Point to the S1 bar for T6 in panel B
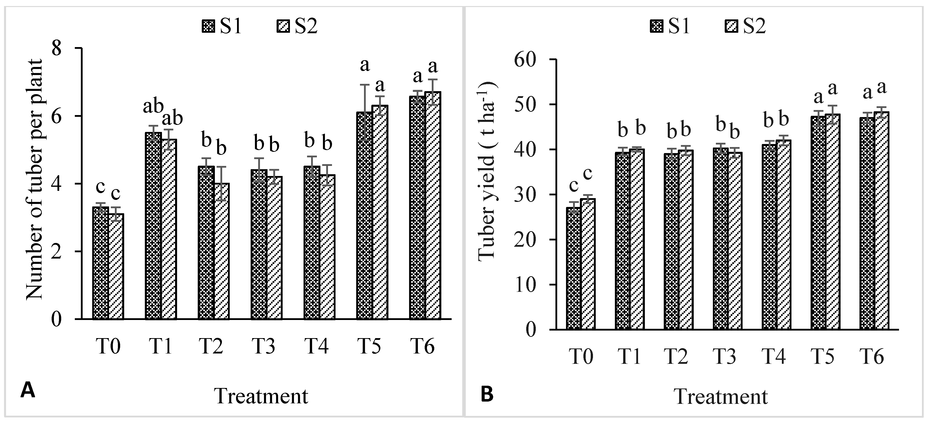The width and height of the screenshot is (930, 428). (867, 224)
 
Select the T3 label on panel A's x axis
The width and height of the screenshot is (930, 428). (263, 346)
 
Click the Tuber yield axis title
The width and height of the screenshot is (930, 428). (487, 170)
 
